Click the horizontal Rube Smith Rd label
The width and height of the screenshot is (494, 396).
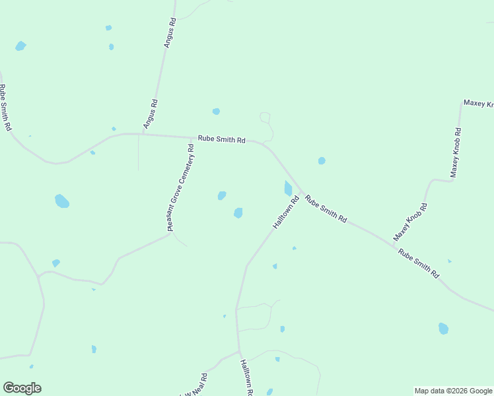[x=222, y=140]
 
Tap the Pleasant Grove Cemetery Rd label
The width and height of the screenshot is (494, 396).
[x=181, y=189]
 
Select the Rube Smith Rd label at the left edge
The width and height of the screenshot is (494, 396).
[x=5, y=108]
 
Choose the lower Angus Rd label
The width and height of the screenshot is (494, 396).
[x=151, y=114]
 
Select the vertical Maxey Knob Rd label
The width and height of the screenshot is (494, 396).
[x=456, y=152]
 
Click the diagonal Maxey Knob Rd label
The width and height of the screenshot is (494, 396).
[x=411, y=222]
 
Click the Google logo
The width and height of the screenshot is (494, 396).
[x=22, y=388]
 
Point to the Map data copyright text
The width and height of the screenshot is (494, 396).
[x=453, y=391]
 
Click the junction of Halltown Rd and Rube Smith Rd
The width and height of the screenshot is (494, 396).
[x=302, y=193]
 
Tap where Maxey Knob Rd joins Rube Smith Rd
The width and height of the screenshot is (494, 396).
[x=395, y=247]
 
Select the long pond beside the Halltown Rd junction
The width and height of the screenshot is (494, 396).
[x=288, y=188]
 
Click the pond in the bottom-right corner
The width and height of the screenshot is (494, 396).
[x=443, y=328]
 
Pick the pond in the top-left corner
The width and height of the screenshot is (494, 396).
[x=20, y=46]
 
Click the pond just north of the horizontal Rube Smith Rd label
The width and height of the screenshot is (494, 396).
[x=216, y=112]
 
